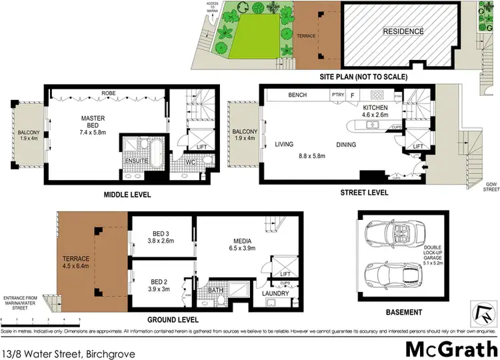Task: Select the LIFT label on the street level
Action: click(x=418, y=146)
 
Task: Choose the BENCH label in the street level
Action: click(x=297, y=95)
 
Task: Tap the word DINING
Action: click(x=346, y=145)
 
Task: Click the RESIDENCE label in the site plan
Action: click(x=402, y=31)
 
